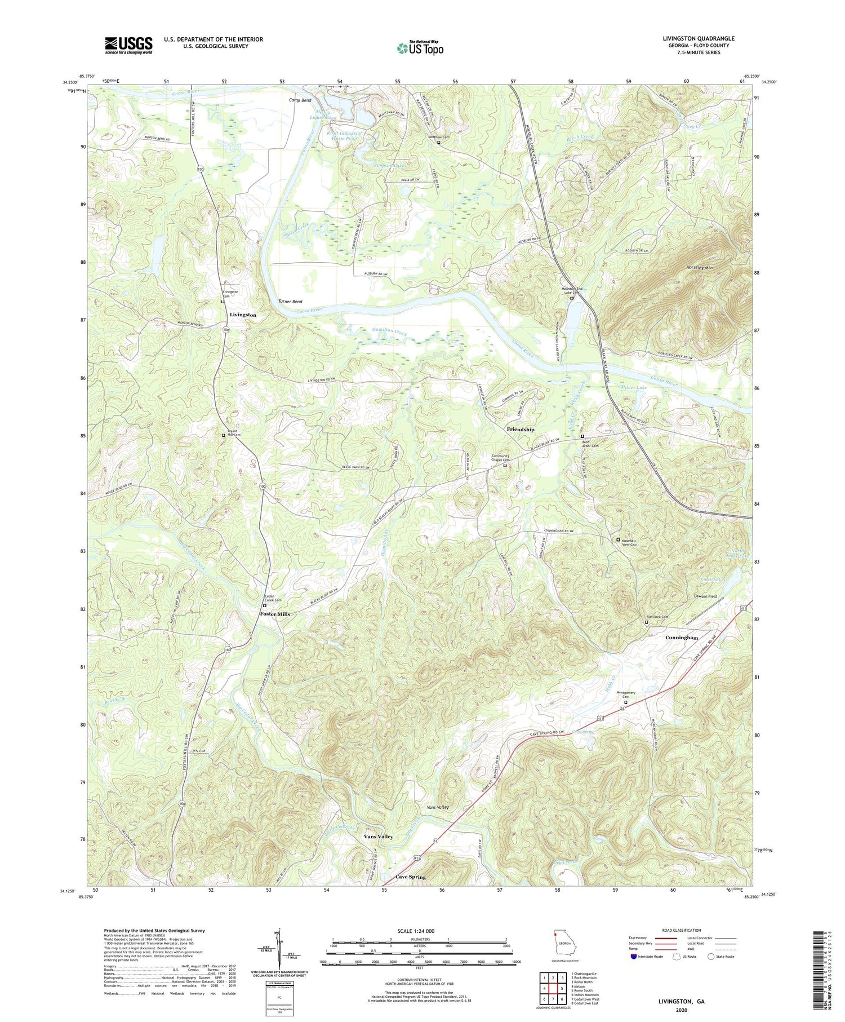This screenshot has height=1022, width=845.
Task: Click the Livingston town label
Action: tap(243, 315)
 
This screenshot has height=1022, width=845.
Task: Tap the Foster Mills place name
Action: tap(274, 614)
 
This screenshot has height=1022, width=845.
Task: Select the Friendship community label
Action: tap(520, 430)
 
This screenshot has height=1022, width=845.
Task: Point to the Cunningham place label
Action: tap(682, 638)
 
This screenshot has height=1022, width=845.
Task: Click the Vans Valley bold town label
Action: tap(378, 837)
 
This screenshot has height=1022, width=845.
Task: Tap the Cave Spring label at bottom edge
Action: tap(410, 877)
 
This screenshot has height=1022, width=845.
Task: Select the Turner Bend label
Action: tap(290, 302)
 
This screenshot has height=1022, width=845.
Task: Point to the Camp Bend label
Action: tap(300, 100)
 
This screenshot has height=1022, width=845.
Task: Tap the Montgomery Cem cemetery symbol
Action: tap(625, 702)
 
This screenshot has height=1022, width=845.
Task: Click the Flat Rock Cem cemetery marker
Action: tap(646, 622)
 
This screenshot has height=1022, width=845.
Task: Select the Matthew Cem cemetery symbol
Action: tap(439, 143)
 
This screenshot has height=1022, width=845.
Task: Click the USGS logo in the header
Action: tap(128, 45)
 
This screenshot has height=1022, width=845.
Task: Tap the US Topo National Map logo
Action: tap(420, 48)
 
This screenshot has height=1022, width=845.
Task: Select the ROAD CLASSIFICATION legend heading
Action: tap(682, 930)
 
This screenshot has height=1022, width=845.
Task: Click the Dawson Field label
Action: tap(705, 596)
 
